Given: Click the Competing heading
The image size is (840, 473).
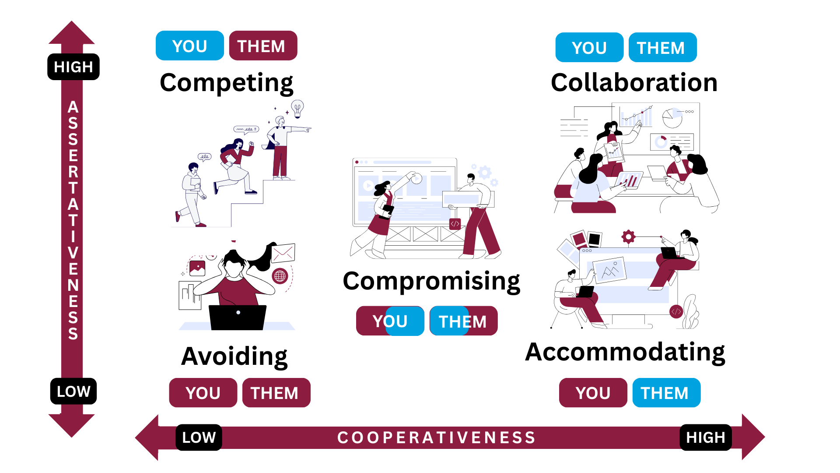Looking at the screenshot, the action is (226, 83).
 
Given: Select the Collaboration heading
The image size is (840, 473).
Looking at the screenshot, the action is (634, 83).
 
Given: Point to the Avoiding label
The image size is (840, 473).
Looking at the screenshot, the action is (234, 356).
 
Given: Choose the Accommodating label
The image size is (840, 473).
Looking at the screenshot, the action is (625, 352).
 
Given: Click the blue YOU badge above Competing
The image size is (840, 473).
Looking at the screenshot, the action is (189, 46).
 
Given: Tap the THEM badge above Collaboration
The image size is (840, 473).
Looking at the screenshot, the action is (662, 48).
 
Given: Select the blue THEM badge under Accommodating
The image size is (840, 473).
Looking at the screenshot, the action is (666, 393).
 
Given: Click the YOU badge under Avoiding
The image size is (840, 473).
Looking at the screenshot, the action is (203, 393).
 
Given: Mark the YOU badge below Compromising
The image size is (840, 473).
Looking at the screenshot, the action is (390, 321).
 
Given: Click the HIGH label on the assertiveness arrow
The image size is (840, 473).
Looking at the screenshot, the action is (73, 67).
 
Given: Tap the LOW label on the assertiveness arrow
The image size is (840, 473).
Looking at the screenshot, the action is (73, 391).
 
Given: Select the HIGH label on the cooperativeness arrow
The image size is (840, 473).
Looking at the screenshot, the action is (705, 437).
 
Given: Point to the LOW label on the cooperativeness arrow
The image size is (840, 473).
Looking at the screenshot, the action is (199, 437).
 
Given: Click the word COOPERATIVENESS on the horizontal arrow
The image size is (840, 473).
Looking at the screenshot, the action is (436, 437).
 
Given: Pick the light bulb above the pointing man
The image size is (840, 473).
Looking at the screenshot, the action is (297, 108).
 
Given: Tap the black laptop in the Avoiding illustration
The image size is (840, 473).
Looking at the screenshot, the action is (238, 317).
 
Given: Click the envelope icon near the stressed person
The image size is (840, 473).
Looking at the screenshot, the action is (283, 253).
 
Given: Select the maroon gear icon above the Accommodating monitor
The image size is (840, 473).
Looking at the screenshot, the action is (628, 237).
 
